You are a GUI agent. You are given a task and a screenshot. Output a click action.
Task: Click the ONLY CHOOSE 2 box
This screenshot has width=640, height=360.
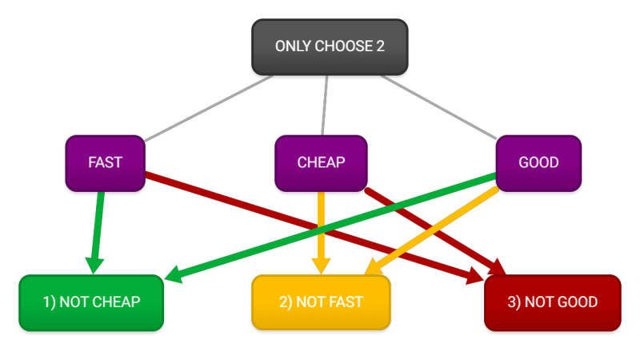(x=330, y=46)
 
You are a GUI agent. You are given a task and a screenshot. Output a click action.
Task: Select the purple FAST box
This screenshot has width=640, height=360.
(x=105, y=162)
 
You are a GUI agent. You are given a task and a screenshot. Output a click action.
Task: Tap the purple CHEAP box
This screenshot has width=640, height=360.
(x=321, y=162)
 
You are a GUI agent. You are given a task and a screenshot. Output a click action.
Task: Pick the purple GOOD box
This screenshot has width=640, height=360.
(x=538, y=162)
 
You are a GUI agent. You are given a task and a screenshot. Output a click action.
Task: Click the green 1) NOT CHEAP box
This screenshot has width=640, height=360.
(x=91, y=302)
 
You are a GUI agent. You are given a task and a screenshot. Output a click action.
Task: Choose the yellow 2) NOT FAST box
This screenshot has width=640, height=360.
(x=321, y=302)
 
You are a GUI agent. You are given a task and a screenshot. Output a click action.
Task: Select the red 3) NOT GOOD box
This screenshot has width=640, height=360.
(x=553, y=302)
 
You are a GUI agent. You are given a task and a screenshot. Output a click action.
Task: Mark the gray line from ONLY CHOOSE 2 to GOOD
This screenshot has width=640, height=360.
(x=438, y=106)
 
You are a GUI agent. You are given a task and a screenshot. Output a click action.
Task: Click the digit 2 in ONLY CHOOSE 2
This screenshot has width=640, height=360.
(x=380, y=46)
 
